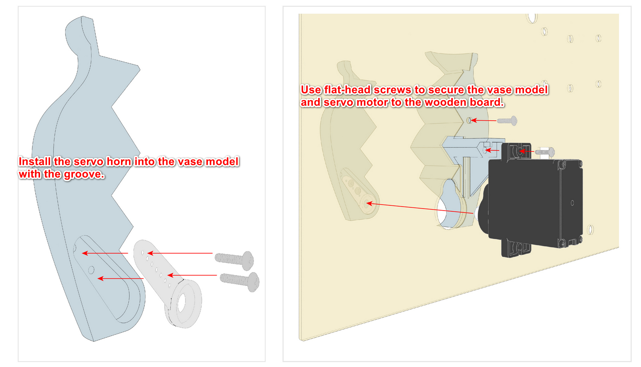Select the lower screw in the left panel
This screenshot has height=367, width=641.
[x=240, y=281]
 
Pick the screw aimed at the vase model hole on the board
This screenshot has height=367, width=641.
[x=507, y=121]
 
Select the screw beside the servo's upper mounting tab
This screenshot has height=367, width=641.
[x=545, y=152]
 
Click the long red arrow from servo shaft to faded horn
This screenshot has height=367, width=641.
[x=419, y=208]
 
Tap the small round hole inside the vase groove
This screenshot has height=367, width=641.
[x=91, y=270]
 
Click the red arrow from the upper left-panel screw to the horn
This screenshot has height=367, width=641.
[x=180, y=253]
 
